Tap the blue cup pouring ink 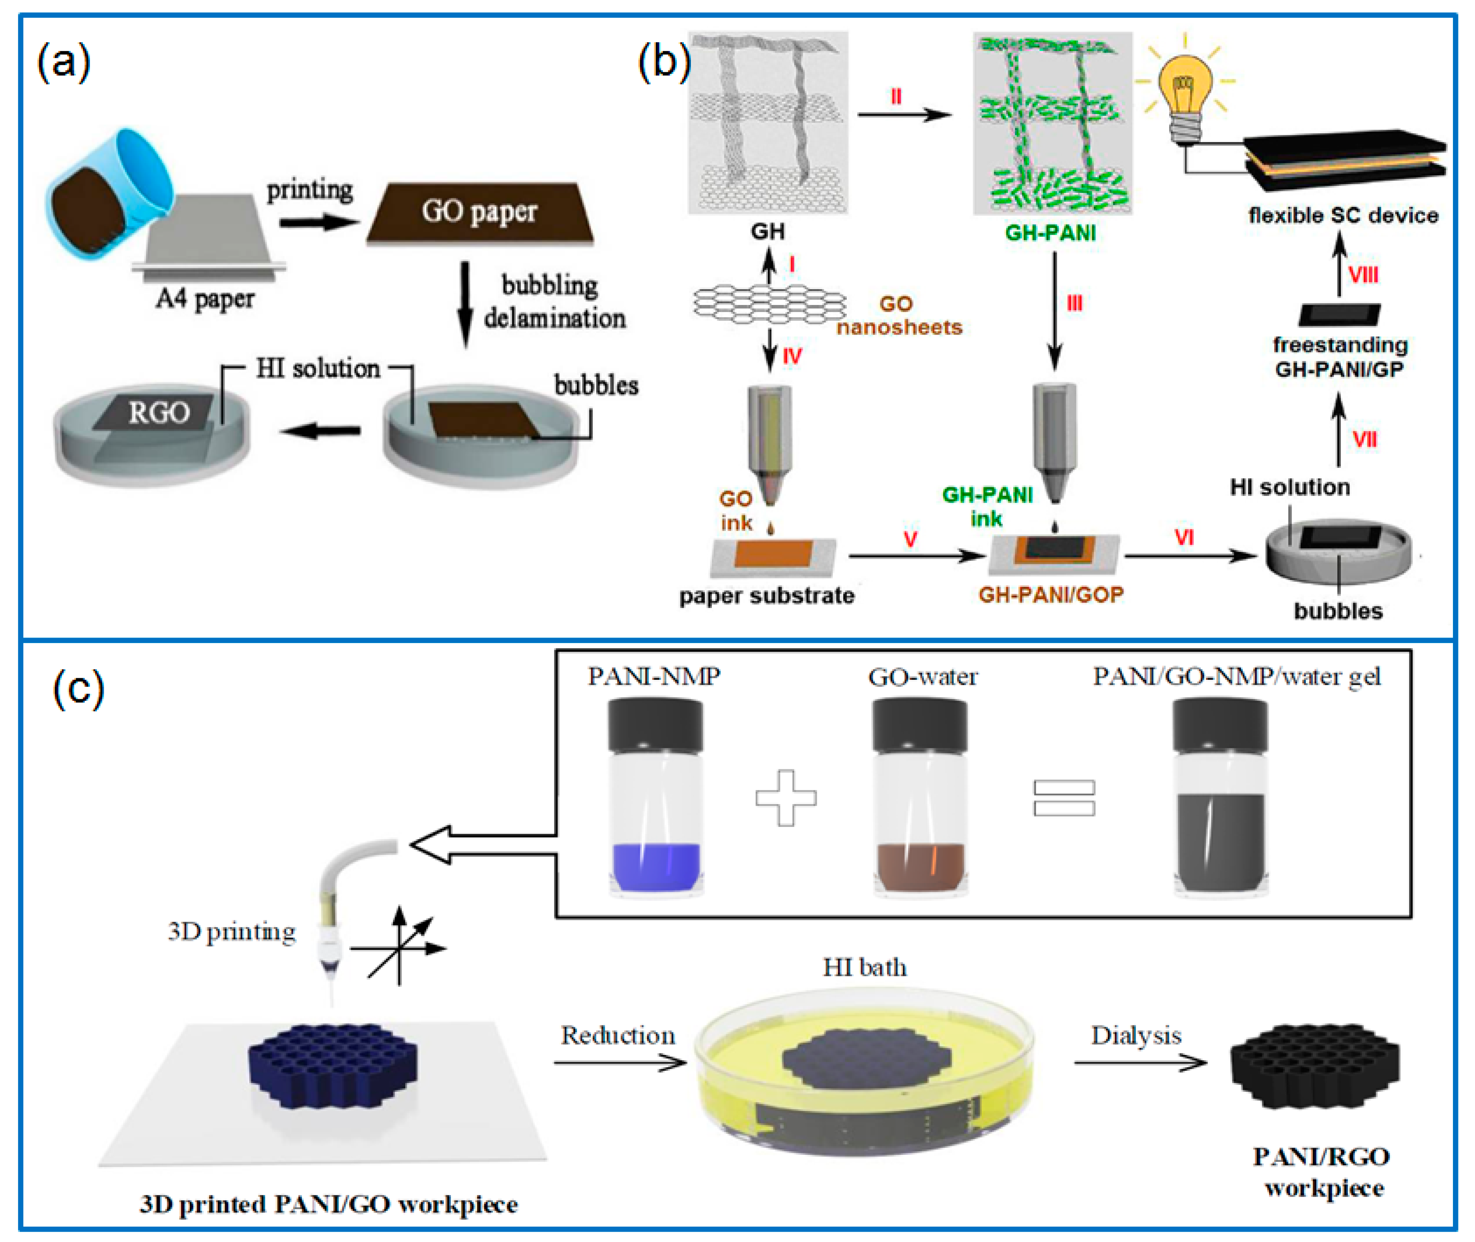(x=106, y=190)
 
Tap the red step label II (x=896, y=96)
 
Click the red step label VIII (x=1363, y=275)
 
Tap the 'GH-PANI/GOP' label (x=1050, y=595)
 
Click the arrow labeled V (x=915, y=556)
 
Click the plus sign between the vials (x=786, y=798)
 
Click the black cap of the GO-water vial (x=919, y=725)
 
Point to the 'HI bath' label (x=865, y=967)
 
